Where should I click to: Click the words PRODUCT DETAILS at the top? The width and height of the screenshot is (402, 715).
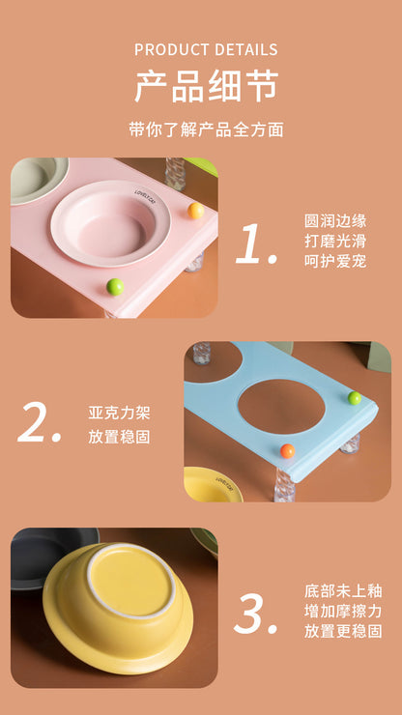[206, 49]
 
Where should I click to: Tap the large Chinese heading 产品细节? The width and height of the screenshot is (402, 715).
[206, 87]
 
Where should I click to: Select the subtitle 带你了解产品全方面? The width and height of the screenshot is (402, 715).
[206, 129]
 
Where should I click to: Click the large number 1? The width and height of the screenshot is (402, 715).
[256, 244]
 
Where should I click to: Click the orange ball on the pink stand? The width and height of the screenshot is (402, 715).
[195, 211]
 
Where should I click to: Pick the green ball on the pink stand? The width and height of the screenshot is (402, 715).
[115, 286]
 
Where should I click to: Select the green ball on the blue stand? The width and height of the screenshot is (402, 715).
[355, 398]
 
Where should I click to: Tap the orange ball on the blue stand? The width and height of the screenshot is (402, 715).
[287, 450]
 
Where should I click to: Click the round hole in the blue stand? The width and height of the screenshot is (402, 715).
[282, 406]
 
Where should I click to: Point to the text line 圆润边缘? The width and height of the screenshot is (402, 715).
[335, 220]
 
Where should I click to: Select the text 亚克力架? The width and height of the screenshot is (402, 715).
[119, 414]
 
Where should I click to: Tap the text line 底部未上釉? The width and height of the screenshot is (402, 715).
[343, 589]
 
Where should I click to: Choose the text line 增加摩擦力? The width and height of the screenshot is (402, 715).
[343, 611]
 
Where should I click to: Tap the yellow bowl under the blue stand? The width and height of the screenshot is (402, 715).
[213, 483]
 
